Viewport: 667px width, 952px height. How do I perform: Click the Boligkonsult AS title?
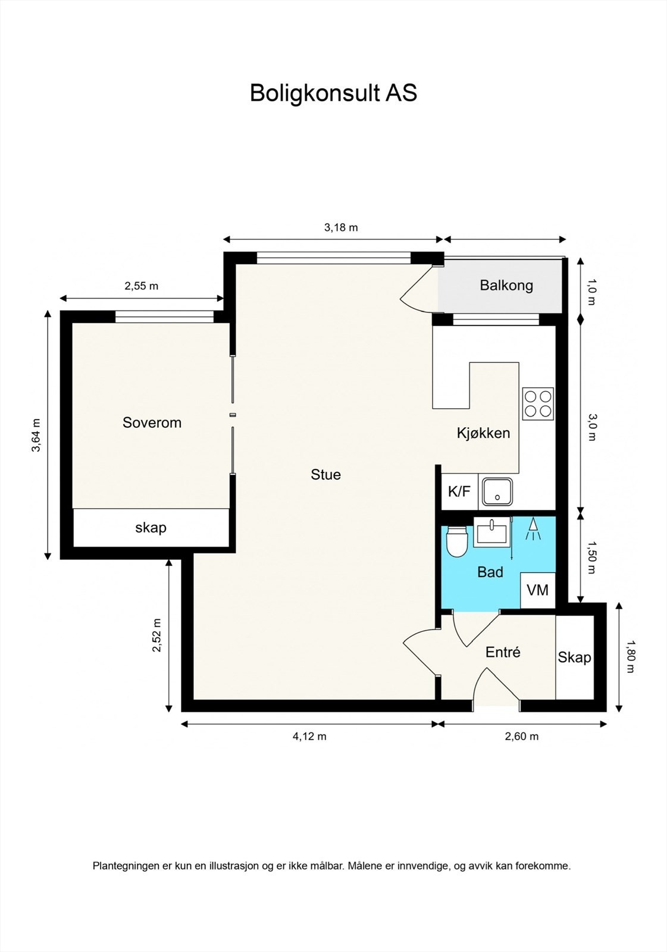(333, 93)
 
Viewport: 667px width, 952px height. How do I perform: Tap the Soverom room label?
(152, 422)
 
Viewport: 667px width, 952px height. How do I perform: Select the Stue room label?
(325, 474)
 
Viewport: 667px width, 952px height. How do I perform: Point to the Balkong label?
(506, 285)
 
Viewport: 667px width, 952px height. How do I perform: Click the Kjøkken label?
(483, 433)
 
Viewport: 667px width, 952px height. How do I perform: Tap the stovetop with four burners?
(538, 404)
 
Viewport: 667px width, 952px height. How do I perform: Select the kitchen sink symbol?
(498, 491)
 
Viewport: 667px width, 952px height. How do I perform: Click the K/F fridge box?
(459, 491)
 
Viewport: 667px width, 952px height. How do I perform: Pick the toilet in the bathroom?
(457, 541)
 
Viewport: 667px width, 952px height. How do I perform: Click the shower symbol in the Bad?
(533, 530)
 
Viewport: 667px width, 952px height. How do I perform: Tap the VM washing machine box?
(538, 590)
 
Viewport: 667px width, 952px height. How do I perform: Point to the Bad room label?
(490, 572)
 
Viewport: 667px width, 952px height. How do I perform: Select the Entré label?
(503, 652)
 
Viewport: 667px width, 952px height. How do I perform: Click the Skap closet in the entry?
(574, 657)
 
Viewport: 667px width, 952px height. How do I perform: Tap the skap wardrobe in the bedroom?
(151, 528)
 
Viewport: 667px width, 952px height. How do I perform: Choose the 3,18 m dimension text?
(341, 228)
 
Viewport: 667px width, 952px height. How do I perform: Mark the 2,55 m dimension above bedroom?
(141, 286)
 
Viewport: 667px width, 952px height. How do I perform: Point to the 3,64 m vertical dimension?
(36, 435)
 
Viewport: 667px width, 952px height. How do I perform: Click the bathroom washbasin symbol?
(491, 532)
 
